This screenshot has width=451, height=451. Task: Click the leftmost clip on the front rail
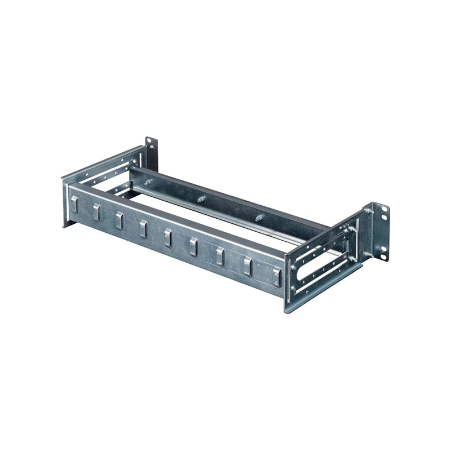[73, 205]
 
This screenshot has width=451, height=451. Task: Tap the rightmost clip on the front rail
[276, 275]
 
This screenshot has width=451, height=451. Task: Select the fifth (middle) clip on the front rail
[168, 237]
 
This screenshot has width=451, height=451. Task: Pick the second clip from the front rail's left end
[96, 212]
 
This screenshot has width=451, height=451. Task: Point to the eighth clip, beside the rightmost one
[247, 266]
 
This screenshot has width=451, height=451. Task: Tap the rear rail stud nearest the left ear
[149, 182]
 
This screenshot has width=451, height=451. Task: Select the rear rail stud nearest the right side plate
[258, 217]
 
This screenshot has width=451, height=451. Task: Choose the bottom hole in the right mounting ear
[385, 256]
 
